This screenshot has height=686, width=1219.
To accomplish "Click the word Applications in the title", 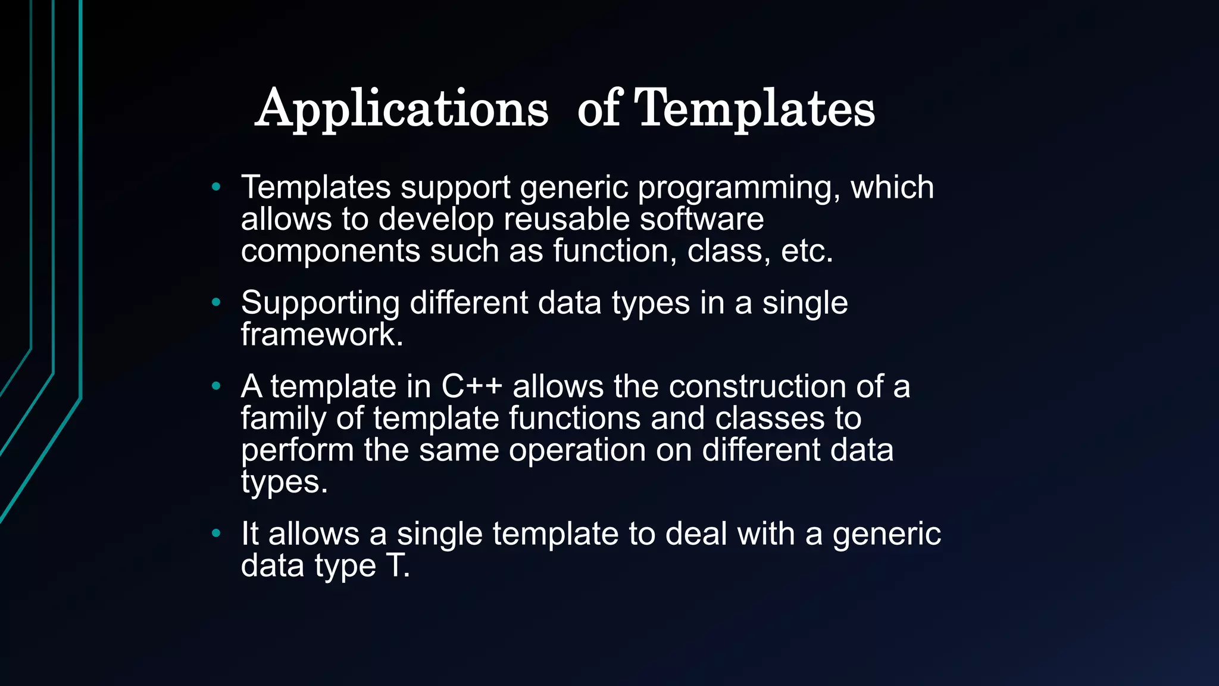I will [x=402, y=109].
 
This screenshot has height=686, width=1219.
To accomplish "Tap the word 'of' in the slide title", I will [x=599, y=109].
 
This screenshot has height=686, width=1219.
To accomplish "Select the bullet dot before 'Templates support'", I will [x=216, y=188].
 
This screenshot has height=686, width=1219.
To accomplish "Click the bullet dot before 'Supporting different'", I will [x=216, y=303].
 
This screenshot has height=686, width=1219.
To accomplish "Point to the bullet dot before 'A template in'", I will [x=216, y=387].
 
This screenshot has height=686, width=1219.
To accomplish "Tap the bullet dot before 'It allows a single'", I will [x=216, y=534].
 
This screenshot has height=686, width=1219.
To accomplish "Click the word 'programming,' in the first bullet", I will [x=739, y=189].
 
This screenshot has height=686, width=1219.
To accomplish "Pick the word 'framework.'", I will [x=322, y=335].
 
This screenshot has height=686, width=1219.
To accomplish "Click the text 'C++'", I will [x=471, y=387].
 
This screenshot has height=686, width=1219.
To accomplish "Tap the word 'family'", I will [x=283, y=419].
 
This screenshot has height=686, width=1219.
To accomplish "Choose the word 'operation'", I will [x=577, y=450].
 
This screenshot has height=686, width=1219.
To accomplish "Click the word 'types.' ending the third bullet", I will [x=285, y=482].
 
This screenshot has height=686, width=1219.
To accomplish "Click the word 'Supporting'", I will [x=320, y=304].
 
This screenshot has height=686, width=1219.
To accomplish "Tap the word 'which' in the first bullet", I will [x=892, y=188].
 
